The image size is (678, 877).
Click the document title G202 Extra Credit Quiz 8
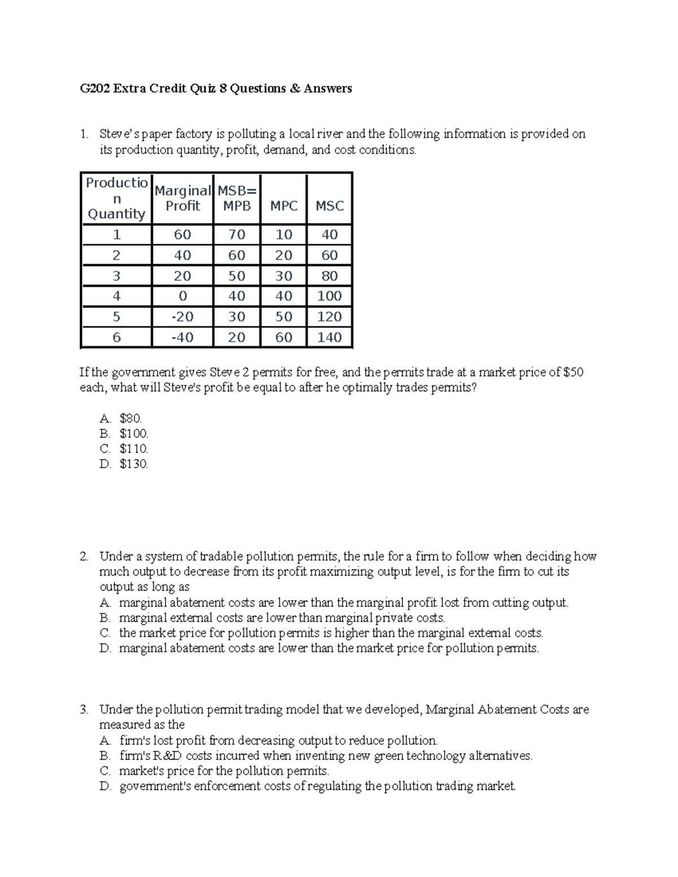pos(215,89)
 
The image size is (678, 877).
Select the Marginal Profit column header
pos(182,199)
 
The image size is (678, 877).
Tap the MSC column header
pos(329,206)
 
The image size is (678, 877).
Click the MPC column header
pos(284,206)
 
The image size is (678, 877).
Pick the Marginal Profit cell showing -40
pos(182,338)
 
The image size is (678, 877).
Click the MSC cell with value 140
pos(329,338)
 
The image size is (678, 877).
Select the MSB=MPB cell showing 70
pos(237,235)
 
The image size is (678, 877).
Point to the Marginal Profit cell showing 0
pos(182,296)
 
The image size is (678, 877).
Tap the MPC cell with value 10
pos(284,235)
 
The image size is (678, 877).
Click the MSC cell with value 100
pos(329,296)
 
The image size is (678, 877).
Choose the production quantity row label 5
pos(116,317)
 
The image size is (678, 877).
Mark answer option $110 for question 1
pos(134,450)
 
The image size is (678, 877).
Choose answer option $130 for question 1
pos(134,465)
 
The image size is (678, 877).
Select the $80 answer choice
pos(131,419)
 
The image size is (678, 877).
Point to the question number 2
pos(84,557)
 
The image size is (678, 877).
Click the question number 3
pos(84,710)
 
